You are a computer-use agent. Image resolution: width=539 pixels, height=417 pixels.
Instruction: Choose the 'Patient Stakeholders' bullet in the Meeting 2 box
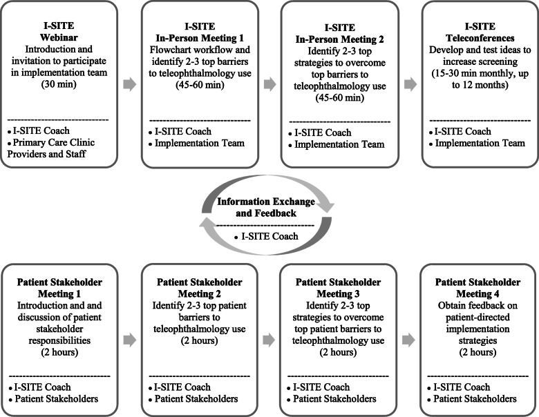click(x=195, y=398)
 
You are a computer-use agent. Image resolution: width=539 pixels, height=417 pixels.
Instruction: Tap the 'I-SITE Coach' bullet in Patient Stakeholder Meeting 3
click(x=325, y=387)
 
